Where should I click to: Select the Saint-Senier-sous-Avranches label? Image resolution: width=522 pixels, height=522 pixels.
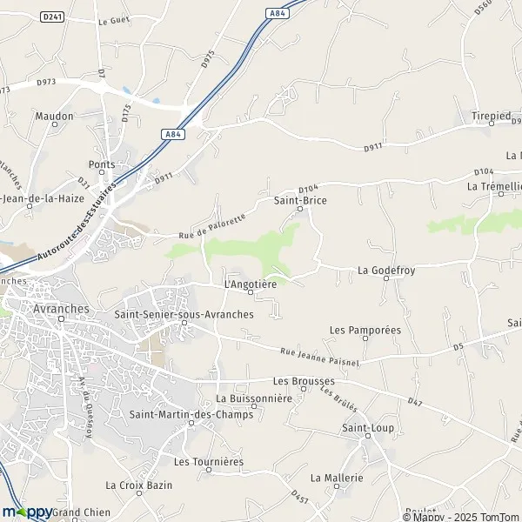coord(184,314)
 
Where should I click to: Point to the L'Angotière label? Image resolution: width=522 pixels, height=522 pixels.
coord(250,283)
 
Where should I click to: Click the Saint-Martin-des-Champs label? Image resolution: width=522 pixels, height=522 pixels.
coord(191,414)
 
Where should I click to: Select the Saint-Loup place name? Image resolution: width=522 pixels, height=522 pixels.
coord(368,428)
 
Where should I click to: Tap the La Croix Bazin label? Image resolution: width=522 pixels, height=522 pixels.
coord(139,485)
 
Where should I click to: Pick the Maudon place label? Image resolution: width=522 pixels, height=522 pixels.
coord(54,115)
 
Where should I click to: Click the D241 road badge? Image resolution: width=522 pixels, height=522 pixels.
coord(53,16)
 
